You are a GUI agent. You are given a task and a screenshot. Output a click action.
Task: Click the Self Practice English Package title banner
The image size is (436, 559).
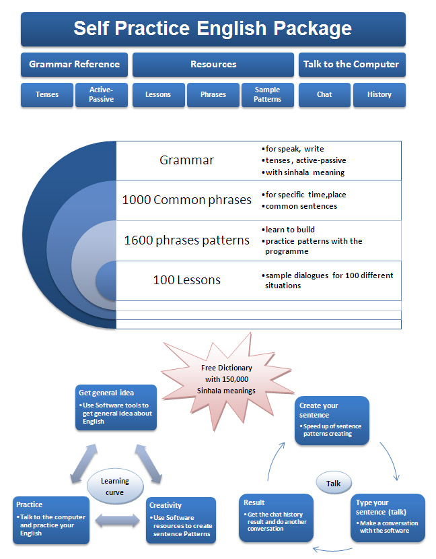click(213, 29)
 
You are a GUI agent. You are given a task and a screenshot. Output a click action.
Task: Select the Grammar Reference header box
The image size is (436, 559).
click(74, 65)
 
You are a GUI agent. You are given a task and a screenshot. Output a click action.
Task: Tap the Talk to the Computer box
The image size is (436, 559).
click(351, 65)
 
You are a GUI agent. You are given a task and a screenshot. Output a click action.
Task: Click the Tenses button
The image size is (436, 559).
click(46, 95)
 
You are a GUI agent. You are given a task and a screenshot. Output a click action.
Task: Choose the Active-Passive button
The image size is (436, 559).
click(101, 95)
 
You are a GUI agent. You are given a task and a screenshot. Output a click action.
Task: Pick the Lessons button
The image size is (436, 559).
click(157, 95)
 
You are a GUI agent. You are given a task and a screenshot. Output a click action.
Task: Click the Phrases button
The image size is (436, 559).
click(213, 95)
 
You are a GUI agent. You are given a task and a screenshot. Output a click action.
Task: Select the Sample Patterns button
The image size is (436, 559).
click(267, 95)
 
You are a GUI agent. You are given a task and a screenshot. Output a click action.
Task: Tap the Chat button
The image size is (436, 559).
click(324, 95)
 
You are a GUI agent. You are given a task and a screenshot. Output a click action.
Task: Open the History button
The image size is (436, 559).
click(379, 95)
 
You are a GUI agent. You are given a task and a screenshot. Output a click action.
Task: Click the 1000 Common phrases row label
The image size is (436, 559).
click(186, 200)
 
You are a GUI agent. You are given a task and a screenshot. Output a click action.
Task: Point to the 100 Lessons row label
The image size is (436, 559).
click(186, 280)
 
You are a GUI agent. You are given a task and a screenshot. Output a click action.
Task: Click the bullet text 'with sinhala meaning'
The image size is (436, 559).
click(303, 172)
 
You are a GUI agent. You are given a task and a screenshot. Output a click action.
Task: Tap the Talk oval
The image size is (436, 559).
click(334, 483)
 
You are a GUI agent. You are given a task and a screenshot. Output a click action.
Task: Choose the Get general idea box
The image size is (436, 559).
click(115, 408)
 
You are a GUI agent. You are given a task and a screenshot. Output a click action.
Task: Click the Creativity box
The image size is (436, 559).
click(180, 520)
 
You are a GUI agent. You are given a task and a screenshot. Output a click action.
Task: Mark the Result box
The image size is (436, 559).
click(276, 517)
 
